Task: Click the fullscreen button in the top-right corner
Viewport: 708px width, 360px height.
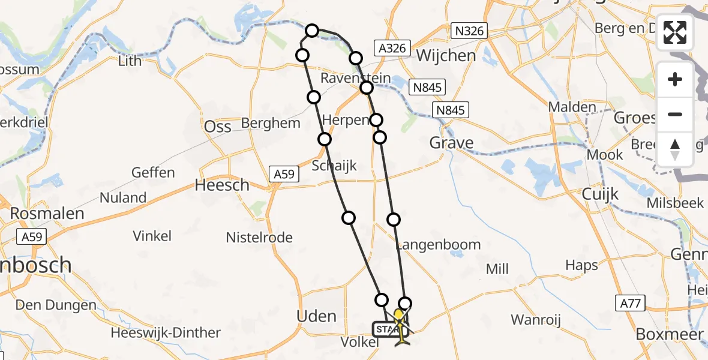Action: coord(675,32)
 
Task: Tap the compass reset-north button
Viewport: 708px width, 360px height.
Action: coord(675,149)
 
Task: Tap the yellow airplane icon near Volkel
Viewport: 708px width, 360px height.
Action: coord(401,334)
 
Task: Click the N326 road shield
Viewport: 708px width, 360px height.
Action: coord(469,31)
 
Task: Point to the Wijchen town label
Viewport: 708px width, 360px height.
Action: coord(446,56)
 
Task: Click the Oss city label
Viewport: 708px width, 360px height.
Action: coord(218,127)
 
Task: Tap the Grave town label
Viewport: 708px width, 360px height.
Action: coord(452,143)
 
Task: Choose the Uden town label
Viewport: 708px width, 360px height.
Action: coord(317,316)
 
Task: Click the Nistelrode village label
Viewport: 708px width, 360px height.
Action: coord(259,238)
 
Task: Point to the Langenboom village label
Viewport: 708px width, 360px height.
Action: coord(439,244)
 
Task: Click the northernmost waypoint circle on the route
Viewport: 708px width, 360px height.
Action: coord(312,30)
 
